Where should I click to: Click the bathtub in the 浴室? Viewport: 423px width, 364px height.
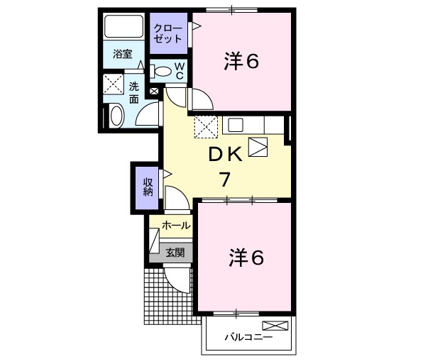pyautogui.click(x=123, y=26)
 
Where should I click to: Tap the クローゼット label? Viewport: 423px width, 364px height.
pyautogui.click(x=167, y=34)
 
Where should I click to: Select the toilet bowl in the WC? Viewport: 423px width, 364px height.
pyautogui.click(x=162, y=72)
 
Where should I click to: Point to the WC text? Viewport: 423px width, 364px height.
pyautogui.click(x=180, y=71)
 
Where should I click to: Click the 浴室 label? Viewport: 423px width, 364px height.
pyautogui.click(x=123, y=54)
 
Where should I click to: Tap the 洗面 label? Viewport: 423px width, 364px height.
pyautogui.click(x=134, y=93)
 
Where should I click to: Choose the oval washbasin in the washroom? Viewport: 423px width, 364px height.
pyautogui.click(x=116, y=116)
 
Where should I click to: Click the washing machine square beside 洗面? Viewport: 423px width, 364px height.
pyautogui.click(x=114, y=84)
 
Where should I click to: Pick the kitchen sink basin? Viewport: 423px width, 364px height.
pyautogui.click(x=236, y=125)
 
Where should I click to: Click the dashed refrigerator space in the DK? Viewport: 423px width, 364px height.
pyautogui.click(x=206, y=127)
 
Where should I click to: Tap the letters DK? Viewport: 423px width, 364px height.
pyautogui.click(x=225, y=155)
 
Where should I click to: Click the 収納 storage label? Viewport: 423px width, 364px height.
pyautogui.click(x=148, y=187)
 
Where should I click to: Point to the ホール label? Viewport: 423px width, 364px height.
pyautogui.click(x=176, y=225)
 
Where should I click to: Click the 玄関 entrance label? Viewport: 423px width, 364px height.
pyautogui.click(x=175, y=253)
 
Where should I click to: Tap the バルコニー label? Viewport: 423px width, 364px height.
pyautogui.click(x=248, y=337)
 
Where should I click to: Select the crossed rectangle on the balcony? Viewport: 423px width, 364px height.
pyautogui.click(x=275, y=326)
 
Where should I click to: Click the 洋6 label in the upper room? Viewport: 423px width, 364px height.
pyautogui.click(x=241, y=61)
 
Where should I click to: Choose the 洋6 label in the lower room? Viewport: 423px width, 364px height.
pyautogui.click(x=246, y=258)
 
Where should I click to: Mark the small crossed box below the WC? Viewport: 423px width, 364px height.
pyautogui.click(x=154, y=91)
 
